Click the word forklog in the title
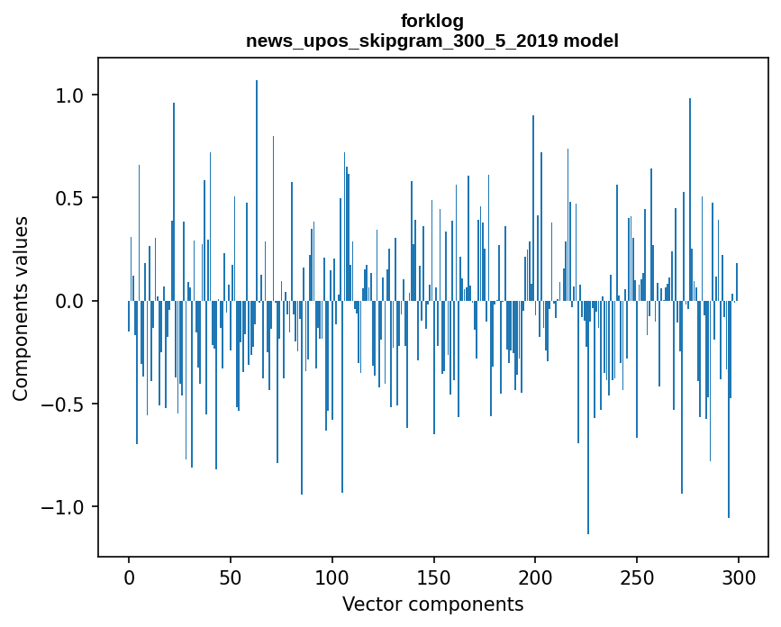tap(432, 21)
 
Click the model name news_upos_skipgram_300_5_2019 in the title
tap(402, 41)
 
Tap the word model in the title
tap(591, 41)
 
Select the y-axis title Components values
tap(21, 308)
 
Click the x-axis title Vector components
tap(432, 604)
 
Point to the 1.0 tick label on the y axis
tap(71, 95)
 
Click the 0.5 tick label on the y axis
tap(71, 198)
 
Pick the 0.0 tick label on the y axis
tap(71, 301)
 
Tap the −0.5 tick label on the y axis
tap(65, 404)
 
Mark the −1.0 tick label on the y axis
tap(65, 506)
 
